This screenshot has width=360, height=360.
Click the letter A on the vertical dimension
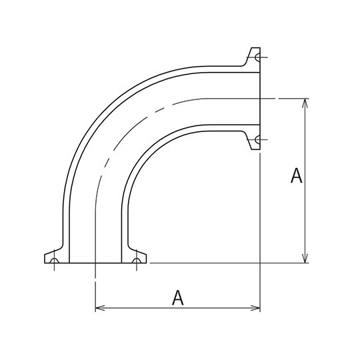coord(296,175)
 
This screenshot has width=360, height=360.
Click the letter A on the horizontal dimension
coord(178,298)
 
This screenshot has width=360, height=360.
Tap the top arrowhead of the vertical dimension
coord(305,103)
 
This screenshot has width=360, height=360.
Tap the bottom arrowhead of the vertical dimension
coord(305,258)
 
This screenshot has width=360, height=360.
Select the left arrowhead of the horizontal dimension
coord(100,308)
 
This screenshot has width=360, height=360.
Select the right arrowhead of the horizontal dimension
coord(255,308)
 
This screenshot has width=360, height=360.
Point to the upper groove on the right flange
coord(257,57)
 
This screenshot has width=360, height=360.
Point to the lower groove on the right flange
coord(257,139)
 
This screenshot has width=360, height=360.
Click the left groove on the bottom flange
coord(54,261)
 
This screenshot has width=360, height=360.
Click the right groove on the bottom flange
coord(137,261)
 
